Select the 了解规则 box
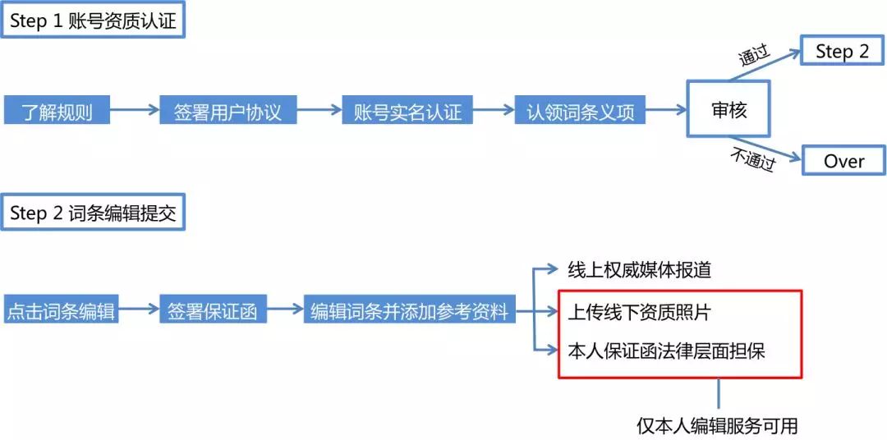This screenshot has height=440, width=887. (57, 111)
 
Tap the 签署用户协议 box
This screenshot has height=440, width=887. (227, 111)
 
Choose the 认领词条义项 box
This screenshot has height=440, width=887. (581, 111)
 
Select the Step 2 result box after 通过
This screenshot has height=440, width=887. (842, 51)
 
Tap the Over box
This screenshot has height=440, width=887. (843, 161)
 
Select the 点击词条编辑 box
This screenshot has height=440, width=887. (61, 312)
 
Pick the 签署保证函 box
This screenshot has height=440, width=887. (213, 312)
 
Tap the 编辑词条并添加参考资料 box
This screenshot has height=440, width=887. (409, 312)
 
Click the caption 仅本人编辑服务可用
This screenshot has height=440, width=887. (717, 426)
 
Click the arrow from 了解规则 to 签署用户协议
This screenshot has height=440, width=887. (134, 111)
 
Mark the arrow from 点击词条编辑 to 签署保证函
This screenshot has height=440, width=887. (138, 311)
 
